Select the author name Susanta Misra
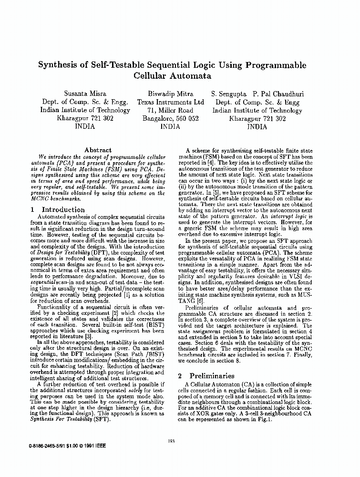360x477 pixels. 85,94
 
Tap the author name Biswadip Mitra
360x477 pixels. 170,94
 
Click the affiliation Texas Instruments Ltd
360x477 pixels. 170,102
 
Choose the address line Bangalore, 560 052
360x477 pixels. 170,119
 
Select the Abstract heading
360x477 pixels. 98,150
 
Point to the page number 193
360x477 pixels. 172,441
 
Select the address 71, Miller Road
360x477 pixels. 170,111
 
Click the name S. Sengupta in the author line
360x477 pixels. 230,94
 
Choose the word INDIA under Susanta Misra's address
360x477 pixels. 85,127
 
